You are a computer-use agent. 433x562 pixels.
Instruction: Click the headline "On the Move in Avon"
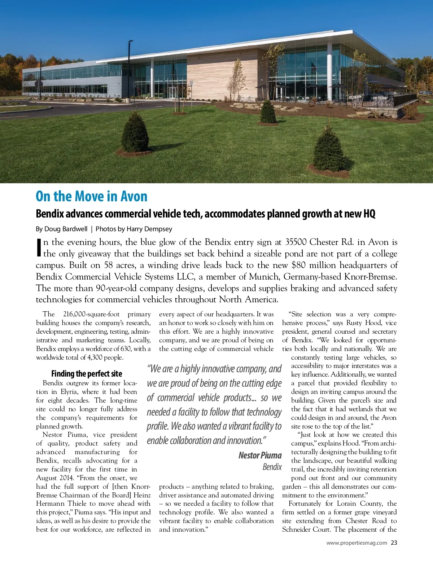pyautogui.click(x=92, y=197)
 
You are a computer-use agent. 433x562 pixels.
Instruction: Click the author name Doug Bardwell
pyautogui.click(x=66, y=229)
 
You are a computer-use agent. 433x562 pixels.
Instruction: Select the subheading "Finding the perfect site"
pyautogui.click(x=87, y=374)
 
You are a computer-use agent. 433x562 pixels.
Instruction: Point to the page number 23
pyautogui.click(x=394, y=543)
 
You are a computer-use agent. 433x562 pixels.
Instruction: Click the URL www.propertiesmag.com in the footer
pyautogui.click(x=357, y=543)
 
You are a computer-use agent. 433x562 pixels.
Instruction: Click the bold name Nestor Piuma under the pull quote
pyautogui.click(x=260, y=455)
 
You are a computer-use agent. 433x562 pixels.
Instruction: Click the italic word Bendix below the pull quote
pyautogui.click(x=272, y=467)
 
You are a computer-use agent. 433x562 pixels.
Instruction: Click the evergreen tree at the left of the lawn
pyautogui.click(x=135, y=133)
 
